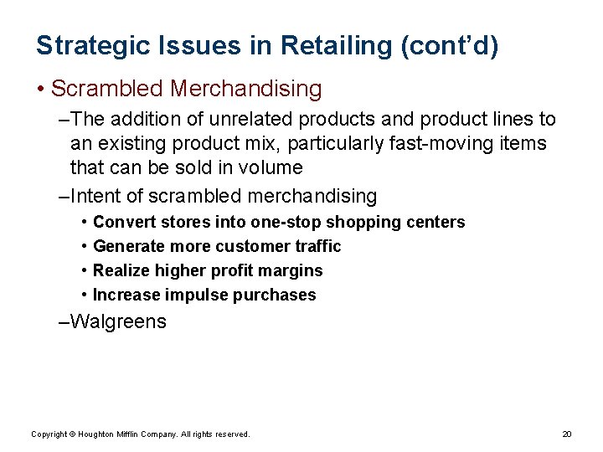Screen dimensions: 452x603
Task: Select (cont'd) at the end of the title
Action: coord(451,46)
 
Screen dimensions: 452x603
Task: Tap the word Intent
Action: coord(96,197)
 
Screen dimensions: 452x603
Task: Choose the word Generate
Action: coord(129,246)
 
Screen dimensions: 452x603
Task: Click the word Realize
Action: coord(121,270)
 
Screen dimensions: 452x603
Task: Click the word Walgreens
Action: coord(119,321)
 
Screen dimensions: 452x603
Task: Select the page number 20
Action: coord(566,434)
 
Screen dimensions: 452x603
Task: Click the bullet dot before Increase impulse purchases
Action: coord(85,295)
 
